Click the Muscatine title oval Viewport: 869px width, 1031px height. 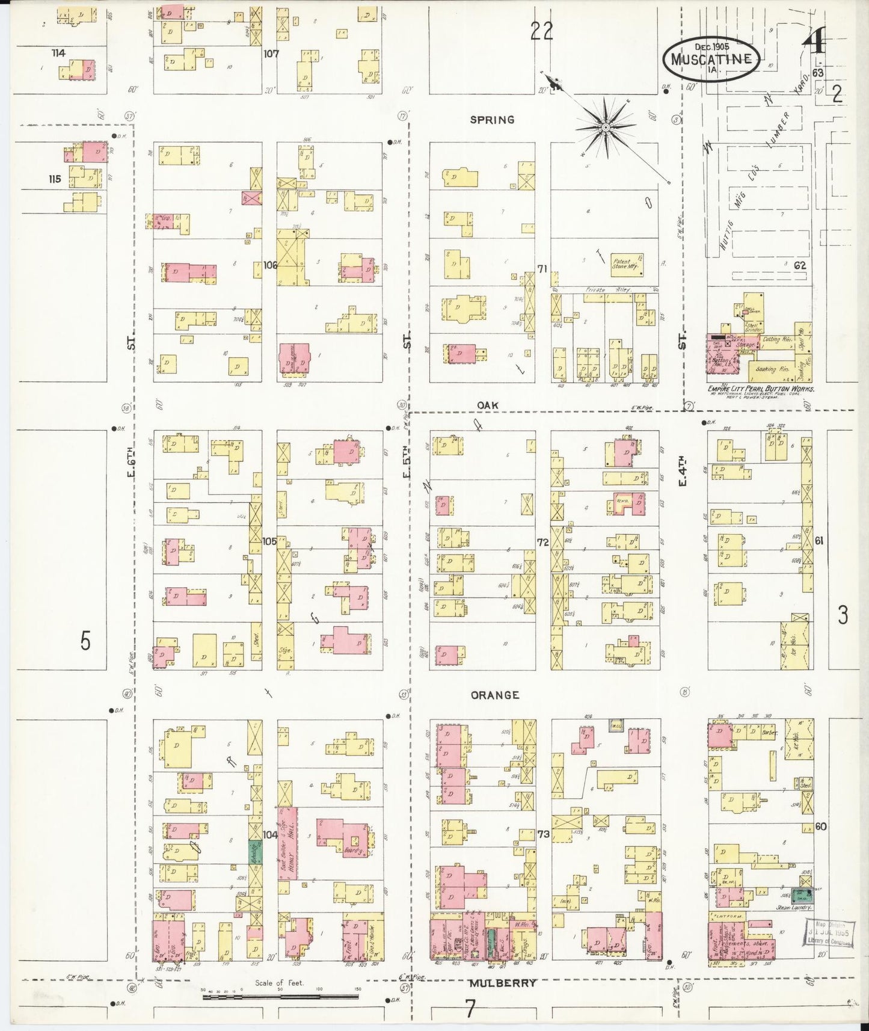coord(711,58)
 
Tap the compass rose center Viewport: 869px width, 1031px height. coord(606,127)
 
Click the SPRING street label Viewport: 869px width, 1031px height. coord(492,120)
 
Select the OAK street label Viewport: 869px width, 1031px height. coord(487,405)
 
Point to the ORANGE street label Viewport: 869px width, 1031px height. coord(494,695)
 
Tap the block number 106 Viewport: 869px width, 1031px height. coord(269,265)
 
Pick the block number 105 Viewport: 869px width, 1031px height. coord(269,541)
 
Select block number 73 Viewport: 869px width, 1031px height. coord(543,834)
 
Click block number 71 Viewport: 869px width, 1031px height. coord(542,269)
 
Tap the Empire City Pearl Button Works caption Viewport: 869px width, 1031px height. coord(761,389)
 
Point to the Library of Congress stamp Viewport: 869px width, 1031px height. coord(829,934)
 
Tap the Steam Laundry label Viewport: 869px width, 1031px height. coord(794,907)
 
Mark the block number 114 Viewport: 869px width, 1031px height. coord(58,53)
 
